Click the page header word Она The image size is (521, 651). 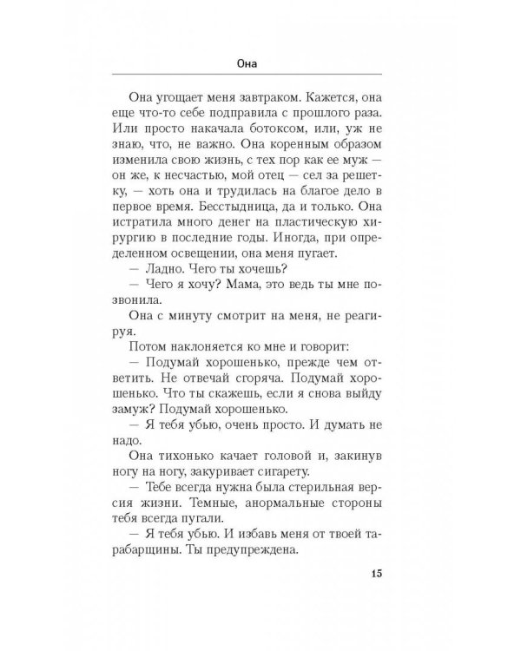260,63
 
